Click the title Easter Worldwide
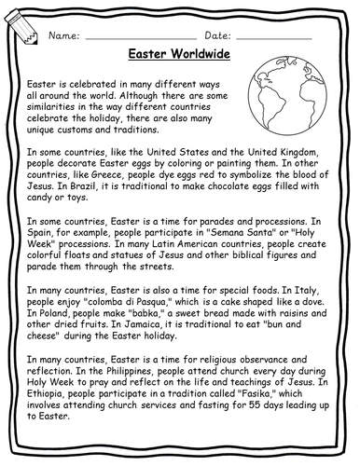180,54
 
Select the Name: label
62,34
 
